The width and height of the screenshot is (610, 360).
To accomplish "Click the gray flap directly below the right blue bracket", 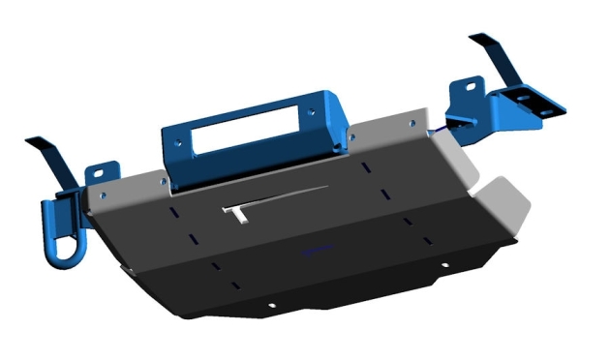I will tap(453, 159).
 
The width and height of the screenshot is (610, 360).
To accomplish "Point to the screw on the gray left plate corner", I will tap(102, 197).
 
